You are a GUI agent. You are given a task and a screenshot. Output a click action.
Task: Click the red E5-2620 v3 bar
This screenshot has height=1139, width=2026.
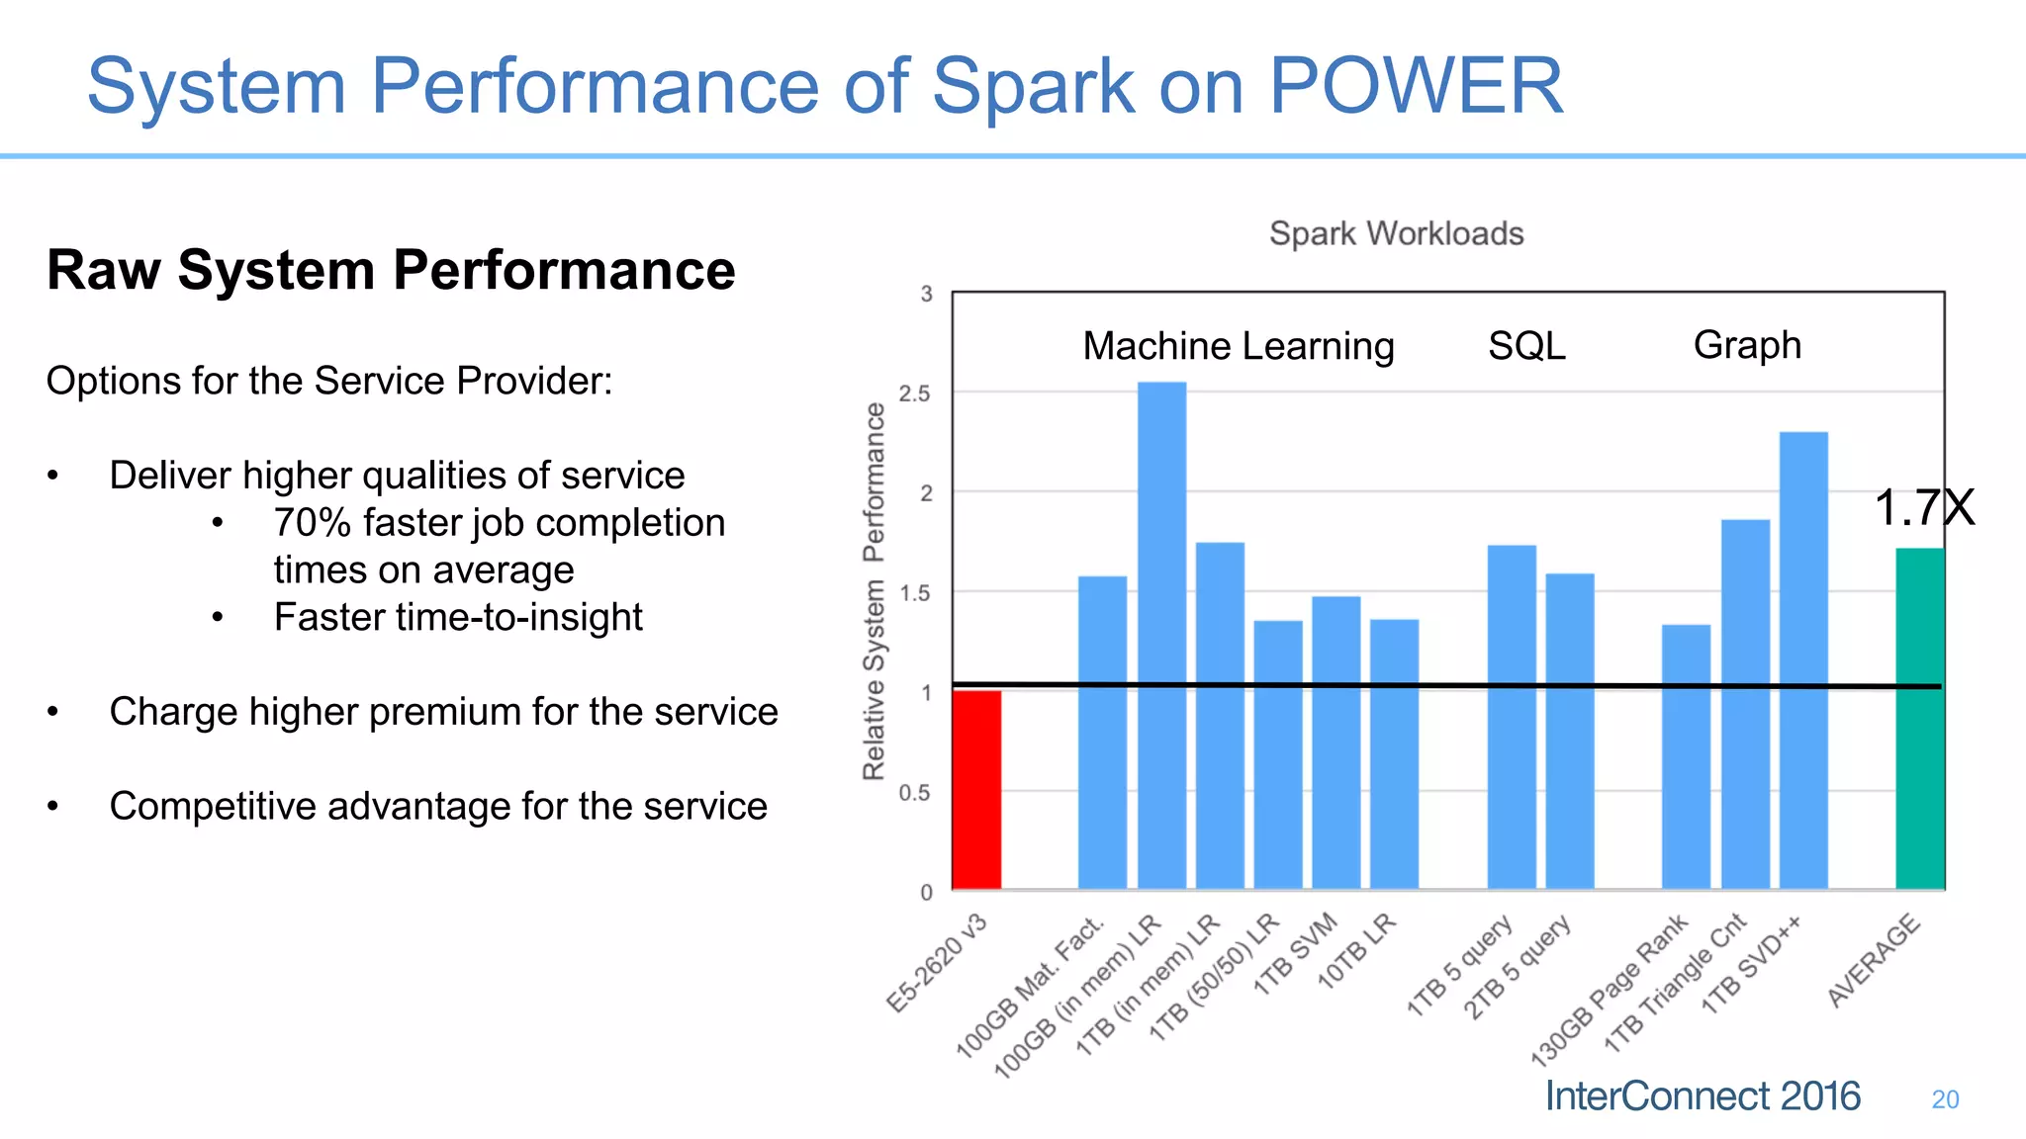[976, 791]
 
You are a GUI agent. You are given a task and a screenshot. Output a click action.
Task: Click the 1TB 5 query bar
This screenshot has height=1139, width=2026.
[1512, 717]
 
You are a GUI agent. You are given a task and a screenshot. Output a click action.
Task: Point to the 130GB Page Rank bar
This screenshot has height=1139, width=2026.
[1686, 756]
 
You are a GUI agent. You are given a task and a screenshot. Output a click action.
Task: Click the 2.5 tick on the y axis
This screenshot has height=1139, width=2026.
[915, 394]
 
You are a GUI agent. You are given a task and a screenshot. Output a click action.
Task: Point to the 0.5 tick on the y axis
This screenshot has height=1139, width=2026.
[915, 793]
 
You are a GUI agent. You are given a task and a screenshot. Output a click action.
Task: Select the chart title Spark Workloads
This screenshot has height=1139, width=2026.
[1396, 234]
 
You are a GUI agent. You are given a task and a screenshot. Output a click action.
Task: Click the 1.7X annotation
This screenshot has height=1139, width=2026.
[1923, 508]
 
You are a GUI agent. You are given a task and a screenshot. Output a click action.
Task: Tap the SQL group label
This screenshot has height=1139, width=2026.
[1526, 346]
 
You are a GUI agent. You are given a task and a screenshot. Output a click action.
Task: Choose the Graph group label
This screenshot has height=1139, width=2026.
[1747, 345]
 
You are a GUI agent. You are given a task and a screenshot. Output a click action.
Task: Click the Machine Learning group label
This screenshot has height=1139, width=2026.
[1239, 346]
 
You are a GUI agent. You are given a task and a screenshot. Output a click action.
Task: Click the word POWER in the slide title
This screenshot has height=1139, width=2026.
[1416, 86]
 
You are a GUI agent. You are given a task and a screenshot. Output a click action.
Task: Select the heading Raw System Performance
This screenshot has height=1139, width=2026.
[391, 270]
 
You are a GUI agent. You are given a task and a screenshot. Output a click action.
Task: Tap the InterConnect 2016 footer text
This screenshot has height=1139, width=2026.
[1703, 1096]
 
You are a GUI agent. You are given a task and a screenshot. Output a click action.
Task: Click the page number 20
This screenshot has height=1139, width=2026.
[1945, 1099]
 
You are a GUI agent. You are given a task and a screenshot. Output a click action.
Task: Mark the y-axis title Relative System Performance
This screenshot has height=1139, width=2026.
[874, 591]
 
